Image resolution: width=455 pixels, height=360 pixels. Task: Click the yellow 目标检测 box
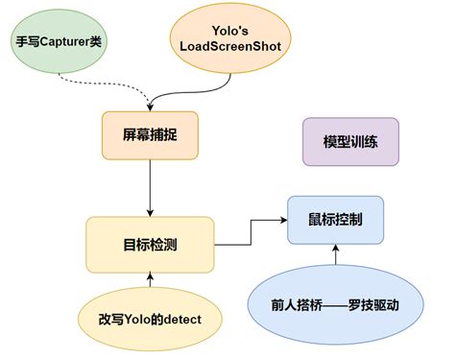click(x=150, y=244)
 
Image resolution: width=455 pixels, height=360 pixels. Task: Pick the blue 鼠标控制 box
click(x=335, y=220)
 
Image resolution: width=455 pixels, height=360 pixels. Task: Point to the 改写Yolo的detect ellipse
click(x=149, y=316)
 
